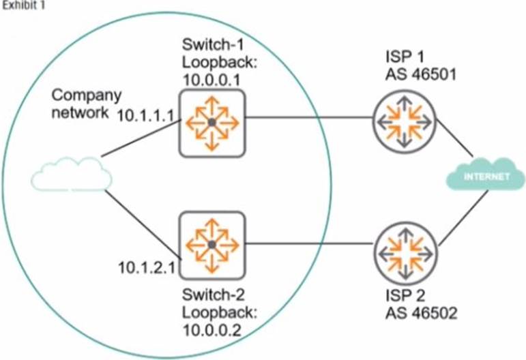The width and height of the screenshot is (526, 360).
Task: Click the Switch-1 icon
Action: coord(211,121)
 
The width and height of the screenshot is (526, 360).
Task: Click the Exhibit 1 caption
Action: coord(20,6)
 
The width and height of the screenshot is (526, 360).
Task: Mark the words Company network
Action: coord(81,102)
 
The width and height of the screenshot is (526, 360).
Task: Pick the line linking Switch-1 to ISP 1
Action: coord(307,117)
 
